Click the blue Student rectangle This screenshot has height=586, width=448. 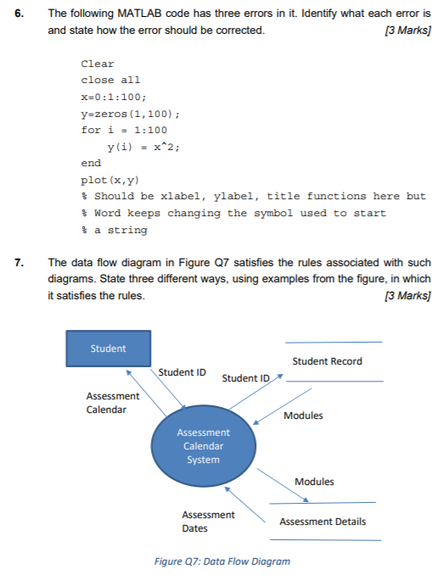109,349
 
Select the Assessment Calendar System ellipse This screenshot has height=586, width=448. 202,446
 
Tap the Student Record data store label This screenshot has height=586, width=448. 327,361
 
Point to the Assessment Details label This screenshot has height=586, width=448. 322,522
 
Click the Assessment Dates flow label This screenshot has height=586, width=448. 209,522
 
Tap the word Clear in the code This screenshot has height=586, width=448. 97,64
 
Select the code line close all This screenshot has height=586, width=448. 110,81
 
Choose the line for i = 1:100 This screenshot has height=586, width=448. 124,130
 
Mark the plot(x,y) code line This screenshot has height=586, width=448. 109,180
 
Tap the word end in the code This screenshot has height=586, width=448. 91,163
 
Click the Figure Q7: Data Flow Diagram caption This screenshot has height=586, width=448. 223,561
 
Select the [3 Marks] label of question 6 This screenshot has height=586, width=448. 406,31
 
